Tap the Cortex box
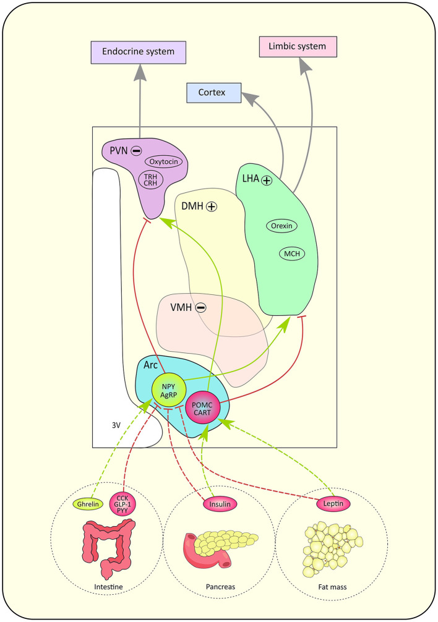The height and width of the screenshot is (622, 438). (212, 93)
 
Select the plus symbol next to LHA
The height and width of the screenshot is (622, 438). (267, 181)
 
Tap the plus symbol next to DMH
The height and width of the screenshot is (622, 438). (212, 207)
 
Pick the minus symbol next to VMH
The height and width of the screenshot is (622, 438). (200, 307)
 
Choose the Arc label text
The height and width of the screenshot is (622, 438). (150, 365)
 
